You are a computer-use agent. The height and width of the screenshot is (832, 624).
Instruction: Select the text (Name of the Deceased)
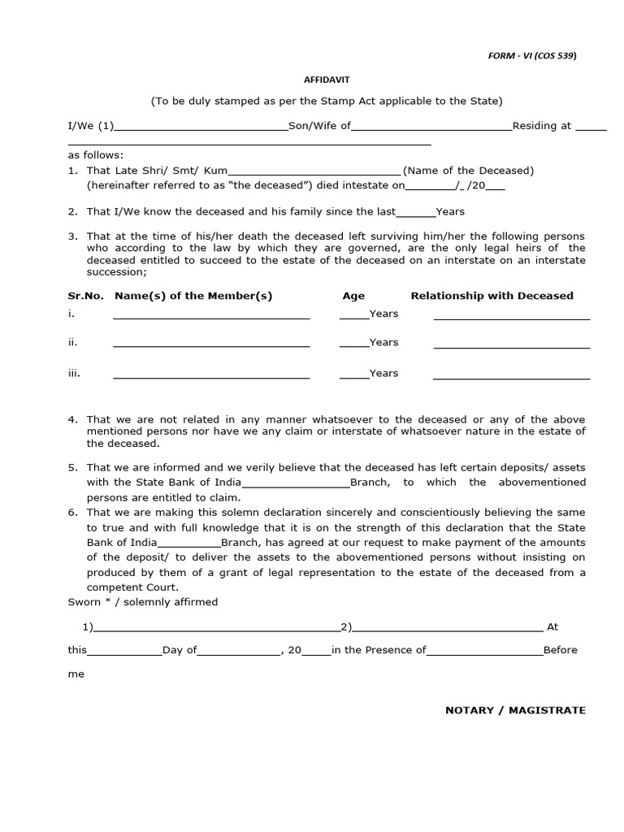469,171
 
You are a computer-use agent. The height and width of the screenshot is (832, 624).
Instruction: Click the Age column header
353,296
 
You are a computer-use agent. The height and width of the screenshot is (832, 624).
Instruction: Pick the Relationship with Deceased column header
492,296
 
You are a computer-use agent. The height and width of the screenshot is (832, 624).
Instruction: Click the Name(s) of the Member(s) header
193,296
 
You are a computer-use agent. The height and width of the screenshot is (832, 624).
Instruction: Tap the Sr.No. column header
85,296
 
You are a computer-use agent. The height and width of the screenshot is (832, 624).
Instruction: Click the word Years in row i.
383,314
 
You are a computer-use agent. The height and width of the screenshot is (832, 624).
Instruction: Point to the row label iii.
74,373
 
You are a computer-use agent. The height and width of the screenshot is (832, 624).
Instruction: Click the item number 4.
72,419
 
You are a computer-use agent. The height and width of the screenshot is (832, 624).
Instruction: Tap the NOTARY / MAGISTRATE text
515,710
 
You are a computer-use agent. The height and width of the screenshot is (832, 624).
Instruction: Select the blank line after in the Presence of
484,652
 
